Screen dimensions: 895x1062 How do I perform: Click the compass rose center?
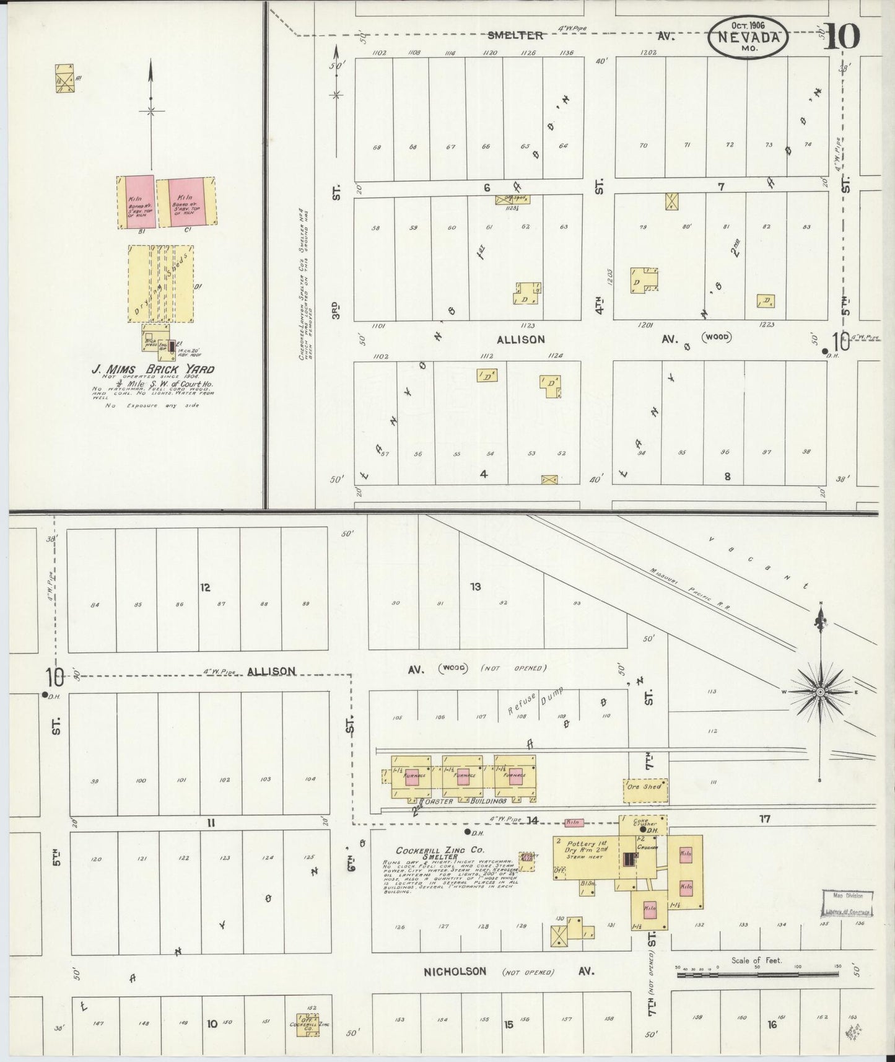tap(820, 691)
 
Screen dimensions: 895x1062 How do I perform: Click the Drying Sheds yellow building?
tap(160, 284)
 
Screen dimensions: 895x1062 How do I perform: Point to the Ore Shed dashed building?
tap(645, 786)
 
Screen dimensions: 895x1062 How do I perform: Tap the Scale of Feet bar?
tap(756, 975)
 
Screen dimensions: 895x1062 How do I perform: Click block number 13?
tap(475, 586)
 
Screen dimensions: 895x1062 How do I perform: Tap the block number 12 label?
tap(206, 587)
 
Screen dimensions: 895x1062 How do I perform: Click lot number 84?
tap(94, 605)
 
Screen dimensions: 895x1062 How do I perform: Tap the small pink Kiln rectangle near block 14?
tap(574, 823)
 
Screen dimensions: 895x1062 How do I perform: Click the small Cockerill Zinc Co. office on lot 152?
tap(308, 1024)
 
